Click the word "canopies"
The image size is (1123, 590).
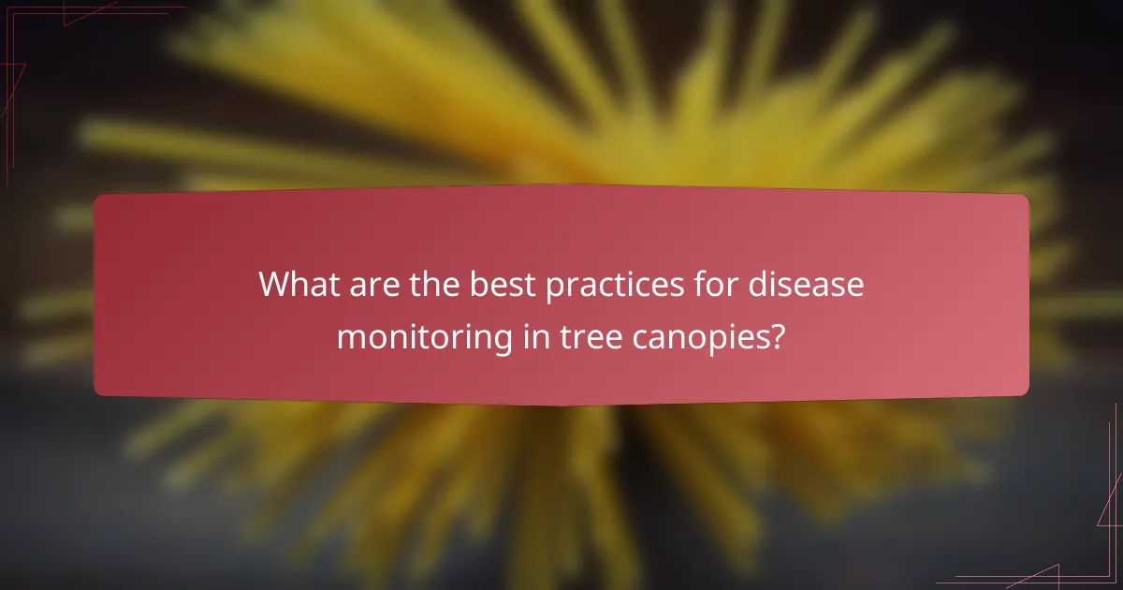[x=690, y=337]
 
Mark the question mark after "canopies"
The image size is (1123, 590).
[x=776, y=335]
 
